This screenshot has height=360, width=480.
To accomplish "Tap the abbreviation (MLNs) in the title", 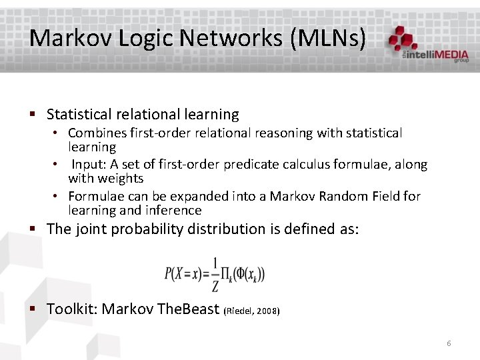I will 328,38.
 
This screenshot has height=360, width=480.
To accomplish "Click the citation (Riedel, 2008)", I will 253,311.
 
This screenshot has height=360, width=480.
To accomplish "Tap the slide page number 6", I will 449,343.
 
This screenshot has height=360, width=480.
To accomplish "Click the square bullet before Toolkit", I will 33,309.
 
